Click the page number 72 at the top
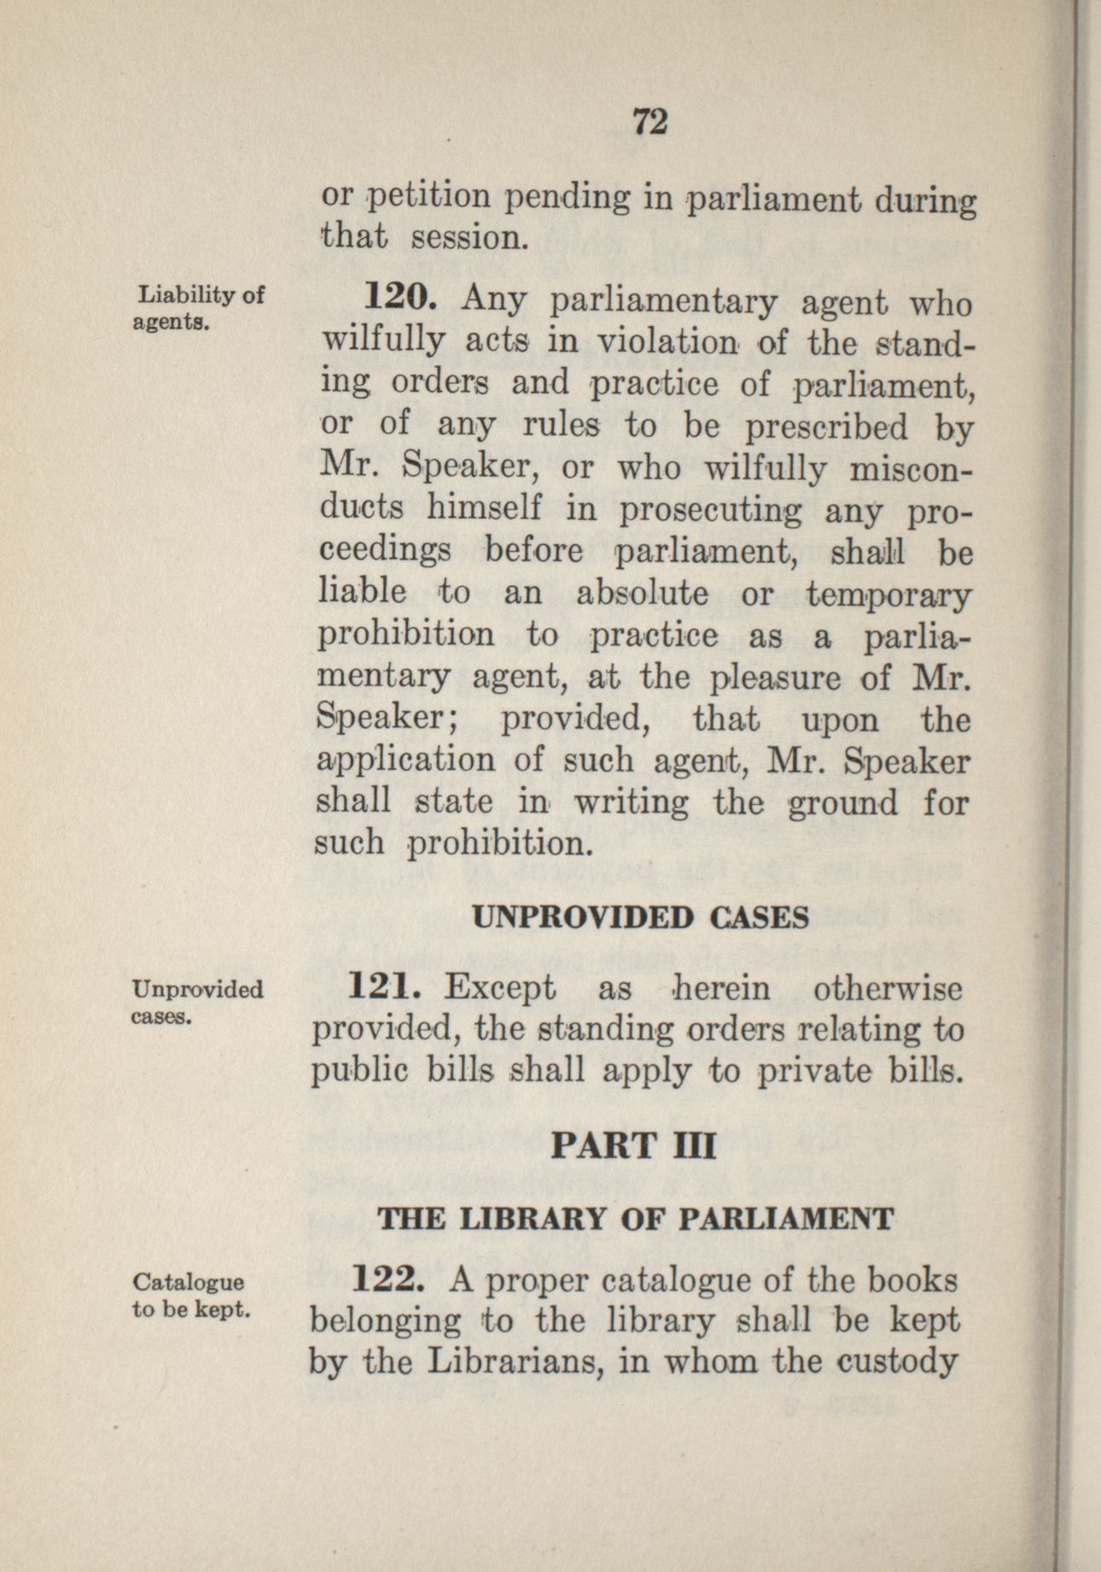(x=650, y=123)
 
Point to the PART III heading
(x=632, y=1145)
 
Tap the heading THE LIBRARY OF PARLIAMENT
(x=635, y=1219)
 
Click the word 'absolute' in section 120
(x=642, y=594)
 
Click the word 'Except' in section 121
(x=500, y=990)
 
